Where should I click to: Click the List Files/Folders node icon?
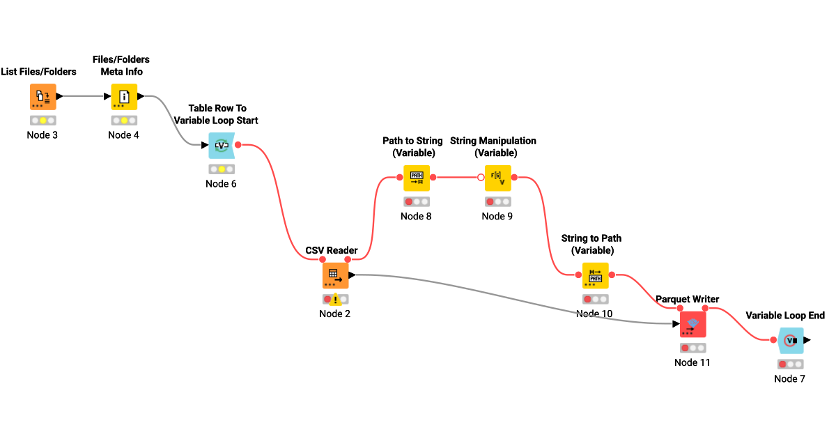42,97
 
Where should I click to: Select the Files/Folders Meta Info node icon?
124,97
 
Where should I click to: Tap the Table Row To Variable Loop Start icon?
222,146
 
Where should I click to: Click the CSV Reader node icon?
335,275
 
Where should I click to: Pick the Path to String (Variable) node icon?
417,178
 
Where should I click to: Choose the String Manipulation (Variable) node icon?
497,178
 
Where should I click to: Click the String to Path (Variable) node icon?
595,275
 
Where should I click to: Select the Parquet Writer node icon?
692,324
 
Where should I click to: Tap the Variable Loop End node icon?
790,340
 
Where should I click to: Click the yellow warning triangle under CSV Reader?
335,300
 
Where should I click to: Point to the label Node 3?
42,134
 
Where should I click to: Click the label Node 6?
222,183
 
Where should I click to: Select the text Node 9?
497,216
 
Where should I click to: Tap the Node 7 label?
790,378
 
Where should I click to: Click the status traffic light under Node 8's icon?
417,201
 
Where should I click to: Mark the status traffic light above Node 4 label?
124,121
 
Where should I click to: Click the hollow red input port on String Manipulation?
481,178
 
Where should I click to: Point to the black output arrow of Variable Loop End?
807,340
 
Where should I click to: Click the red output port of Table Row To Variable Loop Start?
238,145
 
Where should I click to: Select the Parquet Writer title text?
687,299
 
